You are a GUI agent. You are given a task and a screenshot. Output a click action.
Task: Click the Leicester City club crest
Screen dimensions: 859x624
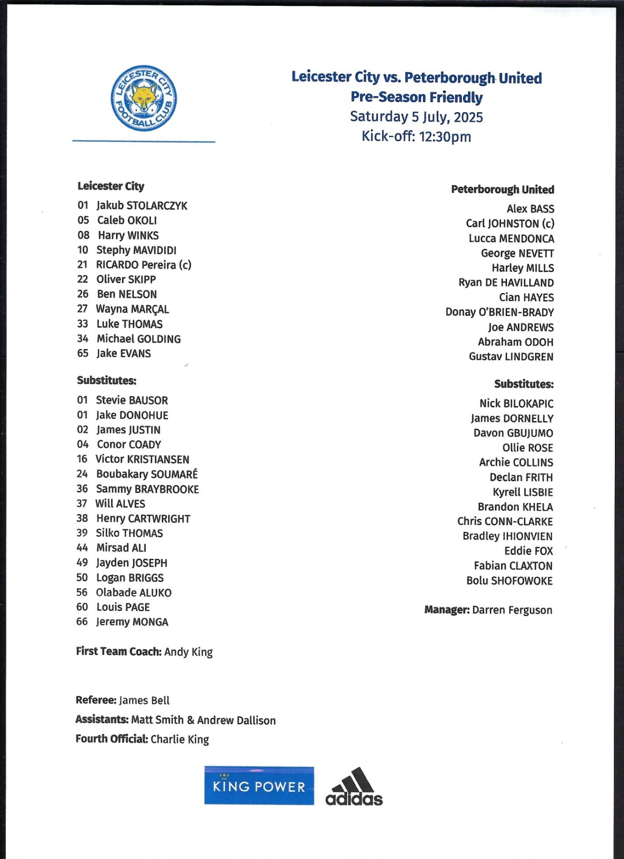point(144,99)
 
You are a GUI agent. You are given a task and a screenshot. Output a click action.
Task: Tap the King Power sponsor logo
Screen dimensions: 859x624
point(259,786)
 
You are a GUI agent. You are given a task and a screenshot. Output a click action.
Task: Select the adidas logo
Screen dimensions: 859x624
point(354,787)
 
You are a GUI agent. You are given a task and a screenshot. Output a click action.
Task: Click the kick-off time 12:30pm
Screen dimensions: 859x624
point(445,137)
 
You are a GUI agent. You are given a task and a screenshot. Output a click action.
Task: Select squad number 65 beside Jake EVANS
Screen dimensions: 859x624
point(83,353)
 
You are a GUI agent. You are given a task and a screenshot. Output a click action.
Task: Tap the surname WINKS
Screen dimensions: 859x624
point(143,236)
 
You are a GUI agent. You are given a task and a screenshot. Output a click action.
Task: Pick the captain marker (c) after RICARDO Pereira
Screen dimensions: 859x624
point(185,265)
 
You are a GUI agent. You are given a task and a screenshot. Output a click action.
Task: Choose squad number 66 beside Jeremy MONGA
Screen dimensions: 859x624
point(82,622)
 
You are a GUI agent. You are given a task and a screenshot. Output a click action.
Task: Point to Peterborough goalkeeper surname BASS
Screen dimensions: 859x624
point(542,209)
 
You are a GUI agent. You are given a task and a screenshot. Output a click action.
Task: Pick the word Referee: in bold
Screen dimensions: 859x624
point(96,700)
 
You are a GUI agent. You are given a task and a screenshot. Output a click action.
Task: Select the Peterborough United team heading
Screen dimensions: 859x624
point(503,190)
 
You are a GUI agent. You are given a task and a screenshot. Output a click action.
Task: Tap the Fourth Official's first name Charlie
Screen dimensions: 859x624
point(167,739)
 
